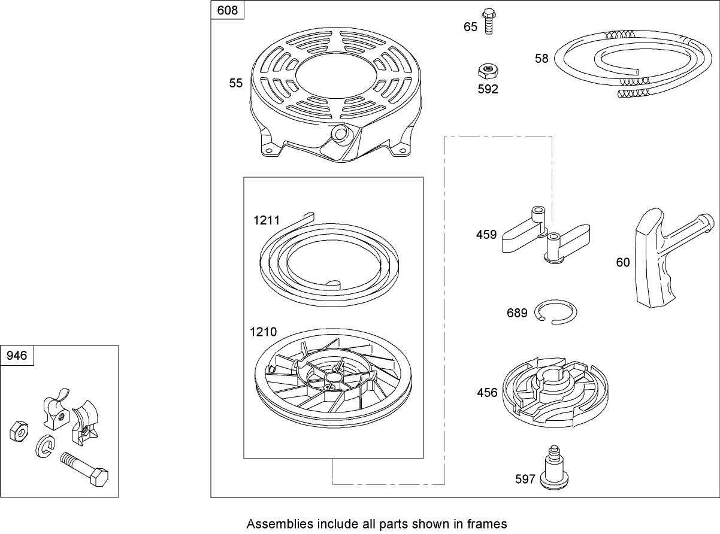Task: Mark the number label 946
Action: (x=17, y=356)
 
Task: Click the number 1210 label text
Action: (x=264, y=332)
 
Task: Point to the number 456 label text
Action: (x=487, y=393)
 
